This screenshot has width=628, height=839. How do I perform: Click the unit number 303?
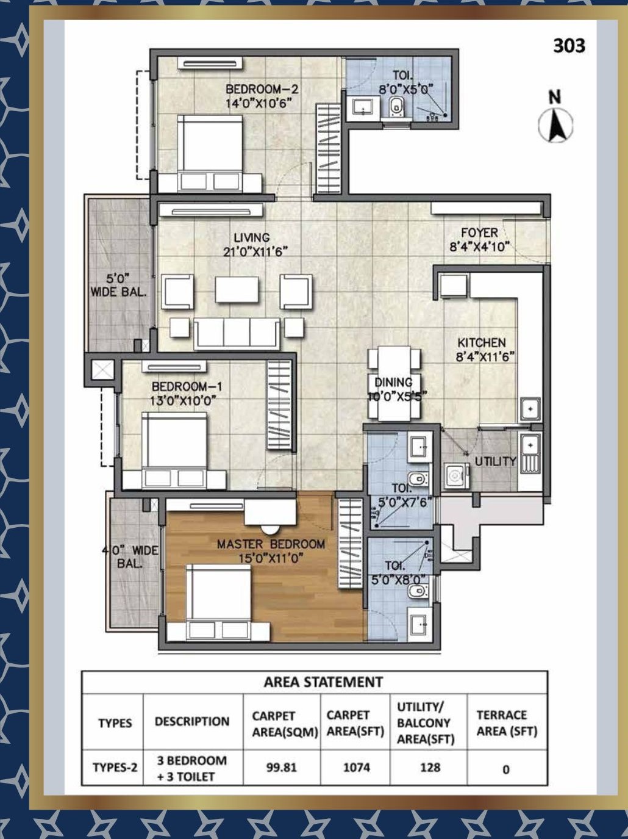(x=569, y=46)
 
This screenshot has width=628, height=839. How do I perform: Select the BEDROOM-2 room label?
(x=262, y=90)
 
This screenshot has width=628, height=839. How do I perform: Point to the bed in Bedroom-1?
(x=174, y=450)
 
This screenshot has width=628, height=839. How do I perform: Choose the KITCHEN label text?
(x=482, y=342)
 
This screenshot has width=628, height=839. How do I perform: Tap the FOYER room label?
(x=479, y=232)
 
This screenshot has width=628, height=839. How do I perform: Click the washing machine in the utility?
(x=457, y=475)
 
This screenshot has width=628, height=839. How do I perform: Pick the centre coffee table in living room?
(x=237, y=289)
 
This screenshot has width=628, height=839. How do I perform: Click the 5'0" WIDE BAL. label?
(x=118, y=285)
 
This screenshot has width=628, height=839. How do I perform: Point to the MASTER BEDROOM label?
(x=271, y=544)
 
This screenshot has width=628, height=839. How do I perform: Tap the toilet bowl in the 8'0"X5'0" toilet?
(x=397, y=106)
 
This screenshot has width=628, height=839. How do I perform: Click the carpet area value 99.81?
(x=281, y=768)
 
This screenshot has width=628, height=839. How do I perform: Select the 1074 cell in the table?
(x=357, y=768)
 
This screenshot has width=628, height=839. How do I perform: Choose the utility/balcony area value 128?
(x=430, y=768)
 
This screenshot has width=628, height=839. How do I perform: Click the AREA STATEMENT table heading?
(x=323, y=682)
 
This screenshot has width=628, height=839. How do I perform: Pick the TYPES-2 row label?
(x=115, y=768)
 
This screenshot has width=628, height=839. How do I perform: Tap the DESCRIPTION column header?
(x=192, y=721)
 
